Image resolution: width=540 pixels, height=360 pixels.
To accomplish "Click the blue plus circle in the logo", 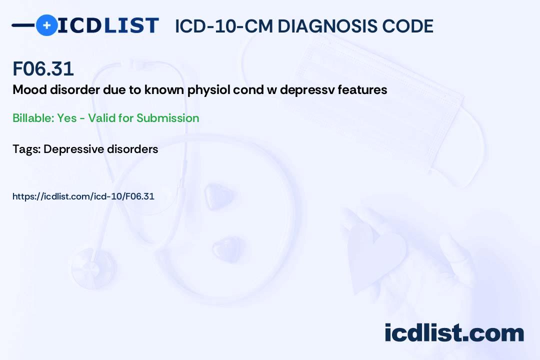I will [x=46, y=25].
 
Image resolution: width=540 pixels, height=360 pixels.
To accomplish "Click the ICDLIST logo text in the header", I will [x=108, y=25].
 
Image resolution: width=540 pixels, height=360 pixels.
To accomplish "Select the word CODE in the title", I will [x=411, y=26].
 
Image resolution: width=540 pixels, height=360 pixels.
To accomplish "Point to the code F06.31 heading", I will [x=43, y=68].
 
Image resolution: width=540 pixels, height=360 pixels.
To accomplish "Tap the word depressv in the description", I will [x=307, y=90].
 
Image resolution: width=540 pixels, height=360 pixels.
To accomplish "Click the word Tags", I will [x=26, y=149].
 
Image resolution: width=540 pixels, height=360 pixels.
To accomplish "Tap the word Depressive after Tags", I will [x=74, y=149].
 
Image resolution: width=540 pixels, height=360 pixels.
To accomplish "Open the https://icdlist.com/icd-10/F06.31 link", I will [x=83, y=196].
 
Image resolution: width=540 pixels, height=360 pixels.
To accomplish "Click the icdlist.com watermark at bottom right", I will [x=454, y=333].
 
